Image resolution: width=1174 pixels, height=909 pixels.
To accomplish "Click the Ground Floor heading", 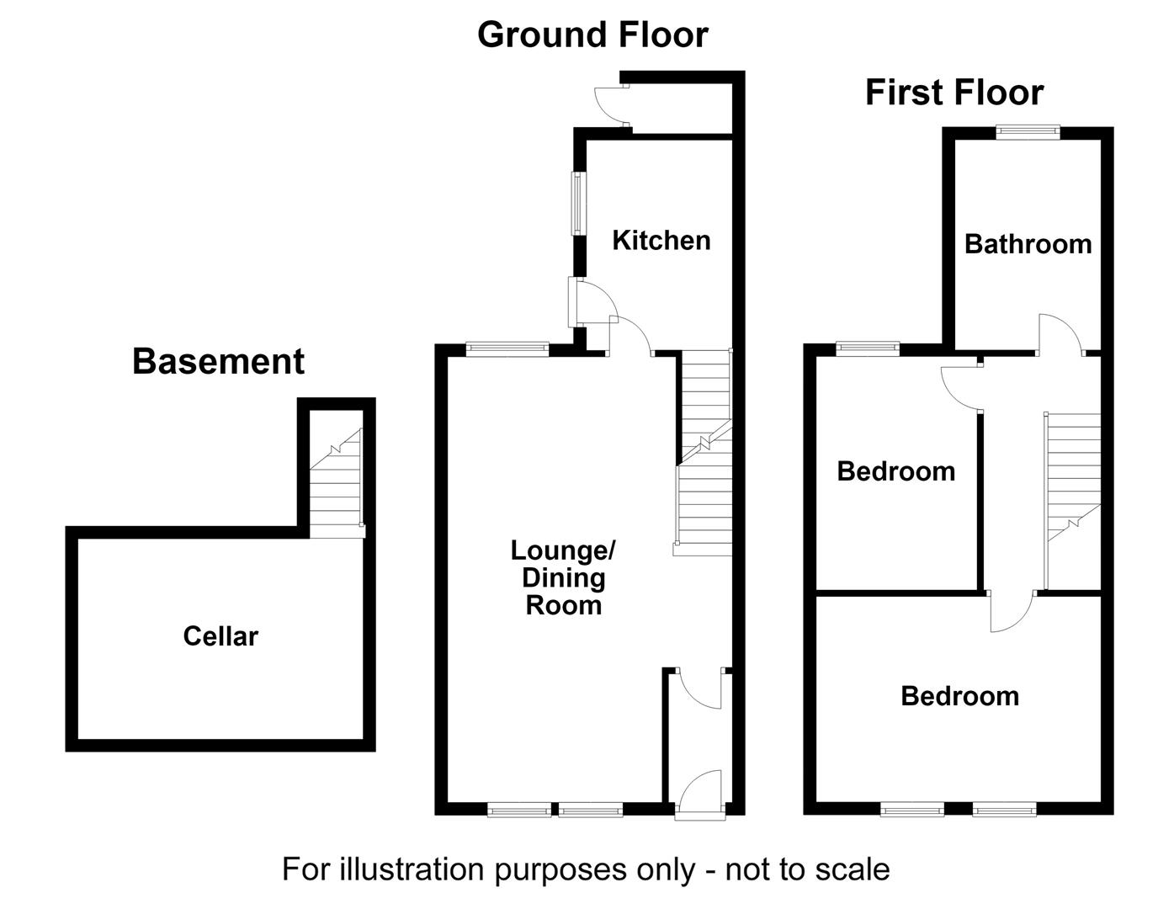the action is pyautogui.click(x=592, y=35).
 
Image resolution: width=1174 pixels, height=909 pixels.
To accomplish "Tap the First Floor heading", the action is pyautogui.click(x=954, y=93).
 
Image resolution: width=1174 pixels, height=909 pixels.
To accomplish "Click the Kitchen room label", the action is pyautogui.click(x=661, y=241).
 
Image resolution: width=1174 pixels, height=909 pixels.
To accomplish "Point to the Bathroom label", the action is pyautogui.click(x=1028, y=244).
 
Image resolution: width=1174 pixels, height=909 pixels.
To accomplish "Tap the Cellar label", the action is pyautogui.click(x=220, y=636).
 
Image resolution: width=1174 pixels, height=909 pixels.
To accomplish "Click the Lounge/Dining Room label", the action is pyautogui.click(x=563, y=578).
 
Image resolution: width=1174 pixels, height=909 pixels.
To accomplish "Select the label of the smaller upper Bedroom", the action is pyautogui.click(x=896, y=471).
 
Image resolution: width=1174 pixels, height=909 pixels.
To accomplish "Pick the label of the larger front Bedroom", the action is pyautogui.click(x=960, y=696).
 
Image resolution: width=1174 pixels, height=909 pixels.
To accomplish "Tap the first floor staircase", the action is pyautogui.click(x=1073, y=502).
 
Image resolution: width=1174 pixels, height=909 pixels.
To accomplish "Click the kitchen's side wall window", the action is pyautogui.click(x=579, y=203).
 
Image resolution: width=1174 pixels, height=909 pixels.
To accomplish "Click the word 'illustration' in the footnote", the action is pyautogui.click(x=413, y=870).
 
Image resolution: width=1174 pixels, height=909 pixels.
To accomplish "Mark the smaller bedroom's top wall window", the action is pyautogui.click(x=869, y=348).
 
